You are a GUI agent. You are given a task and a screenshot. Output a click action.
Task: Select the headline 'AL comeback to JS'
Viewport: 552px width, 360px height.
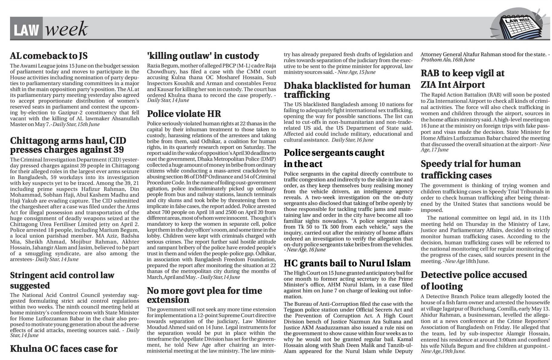point(49,56)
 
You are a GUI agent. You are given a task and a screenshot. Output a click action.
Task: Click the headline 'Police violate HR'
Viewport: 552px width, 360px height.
point(184,114)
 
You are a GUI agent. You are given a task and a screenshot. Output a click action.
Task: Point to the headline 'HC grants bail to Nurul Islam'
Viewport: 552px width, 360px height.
point(347,263)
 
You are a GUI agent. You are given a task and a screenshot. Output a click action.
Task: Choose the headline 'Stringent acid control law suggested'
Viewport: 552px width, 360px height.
point(62,280)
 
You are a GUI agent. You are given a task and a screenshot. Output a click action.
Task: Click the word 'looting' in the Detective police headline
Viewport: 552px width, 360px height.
point(445,286)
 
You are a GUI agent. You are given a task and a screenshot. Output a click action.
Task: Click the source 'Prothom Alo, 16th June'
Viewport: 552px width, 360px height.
point(447,60)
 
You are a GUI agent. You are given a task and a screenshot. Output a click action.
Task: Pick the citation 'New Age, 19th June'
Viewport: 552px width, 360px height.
point(443,352)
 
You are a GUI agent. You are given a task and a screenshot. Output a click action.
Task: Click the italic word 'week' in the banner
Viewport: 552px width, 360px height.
point(66,30)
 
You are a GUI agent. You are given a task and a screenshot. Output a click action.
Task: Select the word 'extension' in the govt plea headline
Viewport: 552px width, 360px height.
point(168,300)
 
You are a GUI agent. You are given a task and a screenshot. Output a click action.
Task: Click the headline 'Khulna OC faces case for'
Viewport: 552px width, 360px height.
point(64,349)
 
